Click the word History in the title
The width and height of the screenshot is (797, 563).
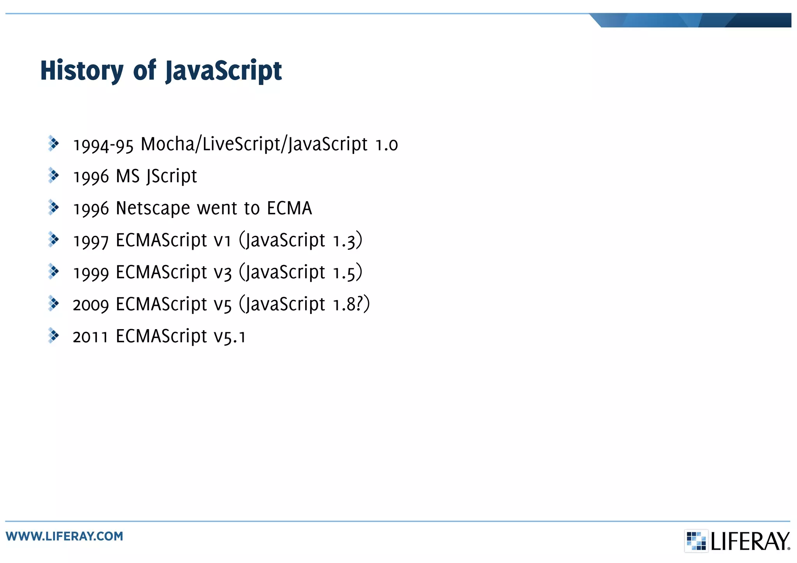tap(82, 71)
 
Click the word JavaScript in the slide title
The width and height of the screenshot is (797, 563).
tap(223, 71)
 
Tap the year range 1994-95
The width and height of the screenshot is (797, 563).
tap(103, 145)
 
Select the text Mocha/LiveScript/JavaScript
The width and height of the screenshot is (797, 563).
tap(254, 144)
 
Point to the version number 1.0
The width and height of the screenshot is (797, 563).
tap(386, 145)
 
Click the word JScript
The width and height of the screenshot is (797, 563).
tap(172, 177)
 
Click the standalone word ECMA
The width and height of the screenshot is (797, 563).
tap(290, 209)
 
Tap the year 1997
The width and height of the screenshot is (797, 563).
tap(91, 241)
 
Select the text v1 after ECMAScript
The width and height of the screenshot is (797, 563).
tap(223, 240)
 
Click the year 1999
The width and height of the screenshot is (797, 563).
tap(91, 273)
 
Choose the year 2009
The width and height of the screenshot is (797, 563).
tap(91, 305)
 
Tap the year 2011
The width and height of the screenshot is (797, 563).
tap(90, 337)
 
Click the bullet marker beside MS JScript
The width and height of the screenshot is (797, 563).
tap(53, 175)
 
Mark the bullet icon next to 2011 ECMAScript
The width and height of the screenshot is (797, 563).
tap(53, 335)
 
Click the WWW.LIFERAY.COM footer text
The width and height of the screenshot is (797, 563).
tap(65, 536)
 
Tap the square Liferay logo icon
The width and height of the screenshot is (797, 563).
tap(696, 541)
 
